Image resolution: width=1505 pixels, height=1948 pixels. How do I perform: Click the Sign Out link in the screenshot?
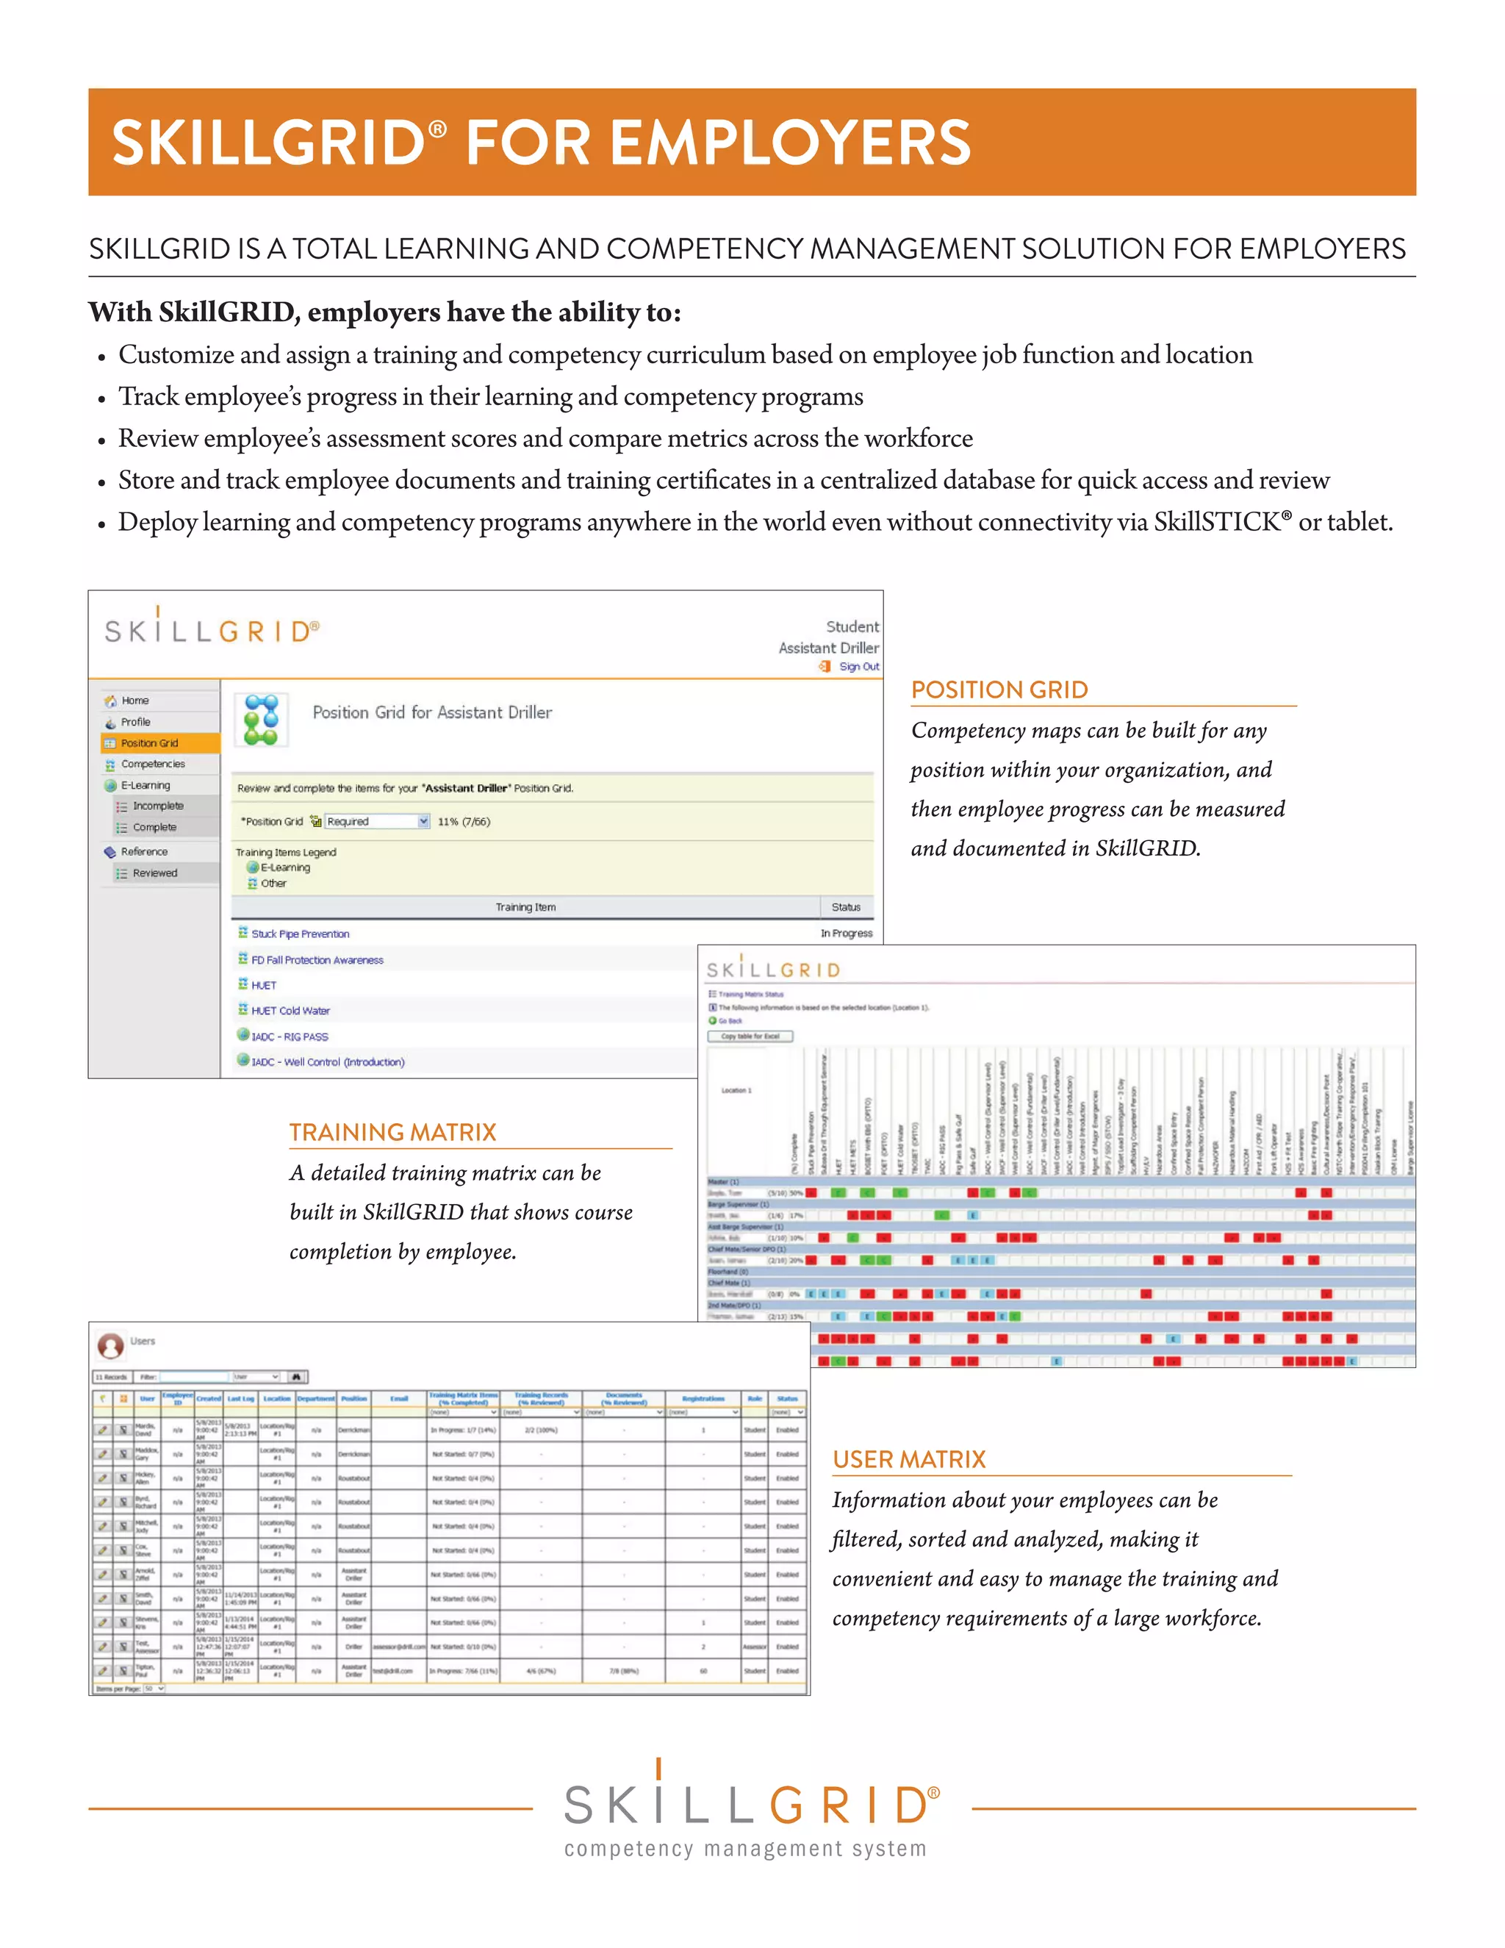pos(858,666)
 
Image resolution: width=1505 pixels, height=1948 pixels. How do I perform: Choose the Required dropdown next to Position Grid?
pos(377,822)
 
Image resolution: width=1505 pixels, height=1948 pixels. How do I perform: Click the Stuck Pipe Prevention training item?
pos(300,934)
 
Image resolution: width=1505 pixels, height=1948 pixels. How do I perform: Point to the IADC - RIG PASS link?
pos(289,1036)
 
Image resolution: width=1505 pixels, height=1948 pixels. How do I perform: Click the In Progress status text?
pos(846,934)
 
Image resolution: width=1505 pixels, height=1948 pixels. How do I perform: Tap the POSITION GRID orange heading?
pos(999,690)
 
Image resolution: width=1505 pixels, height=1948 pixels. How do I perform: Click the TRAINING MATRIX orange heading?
pos(392,1132)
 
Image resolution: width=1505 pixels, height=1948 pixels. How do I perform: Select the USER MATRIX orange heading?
pos(908,1459)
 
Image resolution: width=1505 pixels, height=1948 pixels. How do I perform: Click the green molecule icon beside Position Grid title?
pos(261,720)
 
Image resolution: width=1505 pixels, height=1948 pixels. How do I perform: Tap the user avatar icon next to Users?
pos(110,1344)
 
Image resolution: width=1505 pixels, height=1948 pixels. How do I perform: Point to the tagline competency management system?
pos(745,1849)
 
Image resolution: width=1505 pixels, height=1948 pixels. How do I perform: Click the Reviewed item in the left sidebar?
pos(154,873)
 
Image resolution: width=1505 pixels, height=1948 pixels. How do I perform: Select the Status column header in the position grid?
pos(845,907)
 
